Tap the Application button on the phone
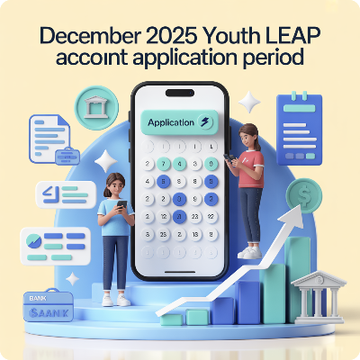click(177, 122)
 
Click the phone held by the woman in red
click(230, 159)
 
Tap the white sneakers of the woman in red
click(249, 253)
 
